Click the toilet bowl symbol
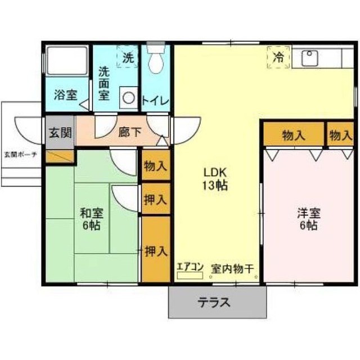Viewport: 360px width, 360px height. pyautogui.click(x=156, y=59)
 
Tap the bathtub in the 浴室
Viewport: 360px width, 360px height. pyautogui.click(x=67, y=61)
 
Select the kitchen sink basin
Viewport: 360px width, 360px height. pyautogui.click(x=309, y=58)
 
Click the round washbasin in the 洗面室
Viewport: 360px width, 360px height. pyautogui.click(x=129, y=98)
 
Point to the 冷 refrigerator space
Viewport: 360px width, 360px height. pyautogui.click(x=278, y=57)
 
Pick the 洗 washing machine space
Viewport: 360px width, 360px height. pyautogui.click(x=128, y=56)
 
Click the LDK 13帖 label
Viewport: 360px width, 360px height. pyautogui.click(x=215, y=179)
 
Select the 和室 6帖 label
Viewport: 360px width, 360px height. pyautogui.click(x=91, y=219)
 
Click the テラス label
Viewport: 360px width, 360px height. pyautogui.click(x=214, y=303)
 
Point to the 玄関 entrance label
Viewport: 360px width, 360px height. pyautogui.click(x=60, y=133)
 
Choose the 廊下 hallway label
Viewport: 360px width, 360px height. pyautogui.click(x=130, y=132)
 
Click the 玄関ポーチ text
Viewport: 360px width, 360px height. pyautogui.click(x=21, y=155)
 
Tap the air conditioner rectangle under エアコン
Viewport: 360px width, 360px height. pyautogui.click(x=190, y=276)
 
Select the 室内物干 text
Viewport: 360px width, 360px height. pyautogui.click(x=232, y=269)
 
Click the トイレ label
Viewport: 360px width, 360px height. pyautogui.click(x=155, y=101)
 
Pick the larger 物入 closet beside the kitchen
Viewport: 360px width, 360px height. pyautogui.click(x=294, y=134)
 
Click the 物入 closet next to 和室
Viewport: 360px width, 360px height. pyautogui.click(x=156, y=165)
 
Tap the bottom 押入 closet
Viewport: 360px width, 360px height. pyautogui.click(x=156, y=249)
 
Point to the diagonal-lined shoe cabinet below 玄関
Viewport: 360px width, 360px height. pyautogui.click(x=60, y=156)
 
